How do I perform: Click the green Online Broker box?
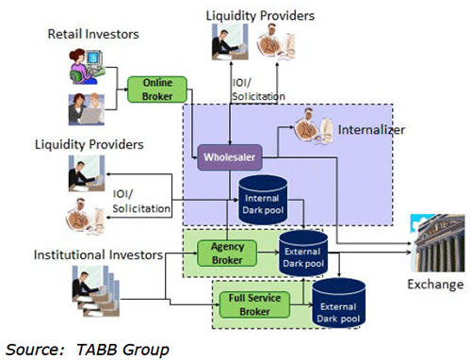(157, 90)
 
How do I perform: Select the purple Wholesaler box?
(230, 157)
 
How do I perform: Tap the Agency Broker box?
(227, 254)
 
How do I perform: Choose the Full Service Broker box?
(254, 304)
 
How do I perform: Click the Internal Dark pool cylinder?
(263, 200)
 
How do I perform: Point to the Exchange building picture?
(437, 243)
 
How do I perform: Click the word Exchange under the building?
(435, 285)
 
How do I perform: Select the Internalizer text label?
(371, 130)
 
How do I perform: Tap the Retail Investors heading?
(93, 34)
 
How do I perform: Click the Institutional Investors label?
(98, 254)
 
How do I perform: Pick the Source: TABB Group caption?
(88, 350)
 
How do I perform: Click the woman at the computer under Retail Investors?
(87, 67)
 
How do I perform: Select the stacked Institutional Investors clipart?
(96, 291)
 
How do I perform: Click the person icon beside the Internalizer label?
(314, 126)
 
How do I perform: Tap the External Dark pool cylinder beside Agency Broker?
(303, 254)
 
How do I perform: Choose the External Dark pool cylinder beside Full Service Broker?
(339, 303)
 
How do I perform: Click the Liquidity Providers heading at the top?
(260, 16)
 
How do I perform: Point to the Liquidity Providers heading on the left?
(89, 144)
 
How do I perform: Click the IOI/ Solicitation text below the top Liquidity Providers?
(258, 90)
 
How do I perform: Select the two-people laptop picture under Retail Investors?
(87, 109)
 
